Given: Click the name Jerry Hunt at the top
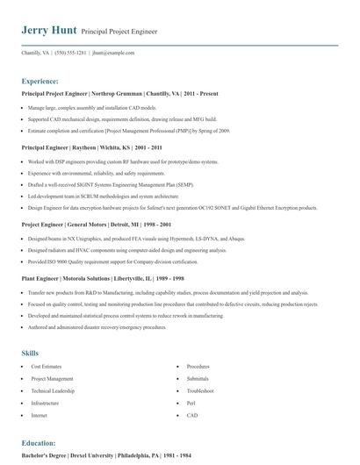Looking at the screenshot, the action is [48, 30].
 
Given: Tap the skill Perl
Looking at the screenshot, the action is [191, 403].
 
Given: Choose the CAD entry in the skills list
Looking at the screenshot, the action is [192, 415].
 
